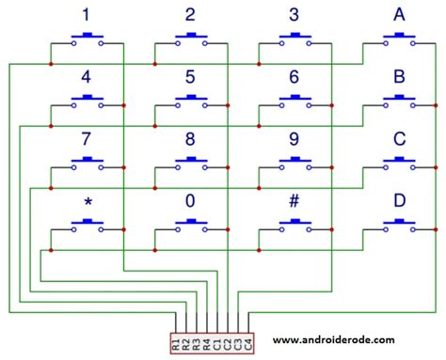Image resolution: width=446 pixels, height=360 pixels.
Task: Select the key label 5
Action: click(190, 77)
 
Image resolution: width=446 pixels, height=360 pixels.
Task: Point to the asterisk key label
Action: click(87, 204)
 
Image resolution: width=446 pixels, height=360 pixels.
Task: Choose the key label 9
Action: click(294, 139)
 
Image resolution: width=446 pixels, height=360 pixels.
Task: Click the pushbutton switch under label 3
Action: click(295, 40)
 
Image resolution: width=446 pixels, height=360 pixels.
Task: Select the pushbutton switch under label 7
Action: click(88, 164)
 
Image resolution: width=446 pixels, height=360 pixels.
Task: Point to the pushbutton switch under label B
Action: click(400, 102)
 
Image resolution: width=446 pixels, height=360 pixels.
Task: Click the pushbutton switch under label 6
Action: click(295, 102)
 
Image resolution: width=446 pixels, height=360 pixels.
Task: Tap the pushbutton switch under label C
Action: click(400, 164)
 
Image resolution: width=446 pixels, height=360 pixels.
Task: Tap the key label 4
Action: click(87, 77)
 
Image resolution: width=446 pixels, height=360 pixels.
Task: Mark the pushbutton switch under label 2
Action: click(191, 40)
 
